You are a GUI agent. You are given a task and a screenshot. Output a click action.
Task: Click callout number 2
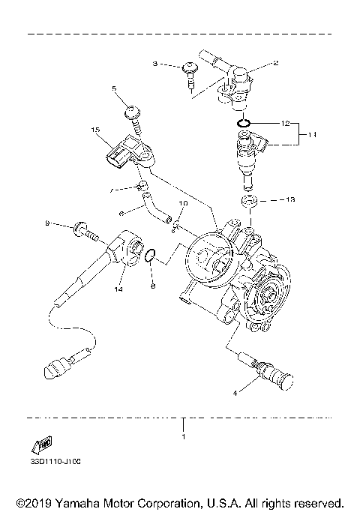point(275,63)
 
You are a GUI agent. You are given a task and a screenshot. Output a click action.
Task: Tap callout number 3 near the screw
point(155,65)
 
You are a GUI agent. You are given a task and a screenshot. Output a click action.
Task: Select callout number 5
point(115,88)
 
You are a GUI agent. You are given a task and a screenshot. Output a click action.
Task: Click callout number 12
point(285,121)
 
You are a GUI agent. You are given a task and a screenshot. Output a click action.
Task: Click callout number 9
point(46,223)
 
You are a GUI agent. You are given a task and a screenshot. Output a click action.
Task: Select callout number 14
point(118,288)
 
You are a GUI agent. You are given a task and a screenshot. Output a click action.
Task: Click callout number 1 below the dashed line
point(181,435)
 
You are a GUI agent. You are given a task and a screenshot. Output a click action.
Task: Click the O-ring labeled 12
point(243,122)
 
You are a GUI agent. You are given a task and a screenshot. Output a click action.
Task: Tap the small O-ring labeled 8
point(151,256)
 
